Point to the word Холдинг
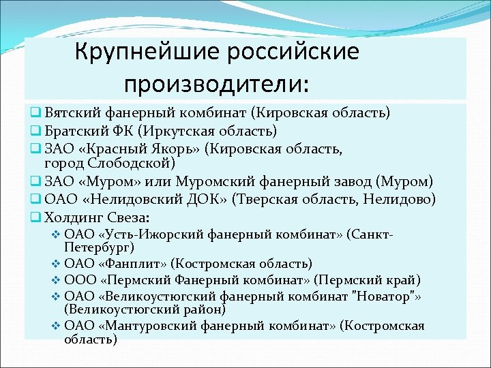(x=74, y=218)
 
